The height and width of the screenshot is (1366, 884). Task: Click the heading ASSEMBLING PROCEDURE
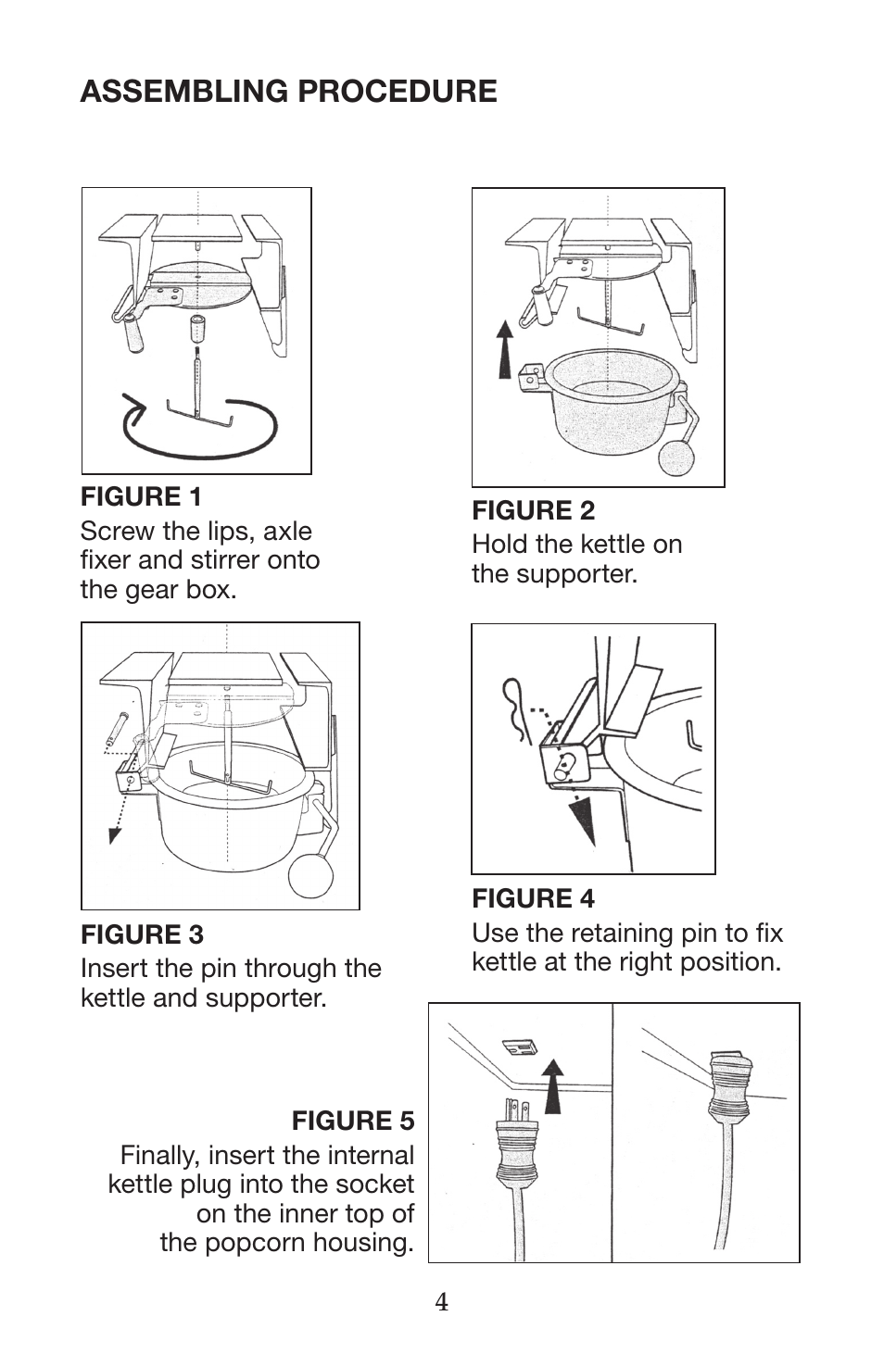coord(288,92)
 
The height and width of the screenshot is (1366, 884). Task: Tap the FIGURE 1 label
coord(141,497)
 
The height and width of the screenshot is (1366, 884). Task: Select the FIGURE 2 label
coord(533,510)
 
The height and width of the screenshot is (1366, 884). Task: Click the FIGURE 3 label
coord(142,934)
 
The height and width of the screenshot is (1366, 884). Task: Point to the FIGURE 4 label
coord(533,898)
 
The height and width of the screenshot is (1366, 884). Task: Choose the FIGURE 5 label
coord(353,1122)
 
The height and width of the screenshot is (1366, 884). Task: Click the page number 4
coord(442,1303)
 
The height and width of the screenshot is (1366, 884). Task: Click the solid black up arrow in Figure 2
coord(505,347)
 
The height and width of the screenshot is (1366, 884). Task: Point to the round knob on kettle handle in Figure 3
coord(310,875)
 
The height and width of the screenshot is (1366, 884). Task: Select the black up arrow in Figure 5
coord(552,1086)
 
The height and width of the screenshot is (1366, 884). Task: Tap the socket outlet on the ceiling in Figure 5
coord(521,1047)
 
